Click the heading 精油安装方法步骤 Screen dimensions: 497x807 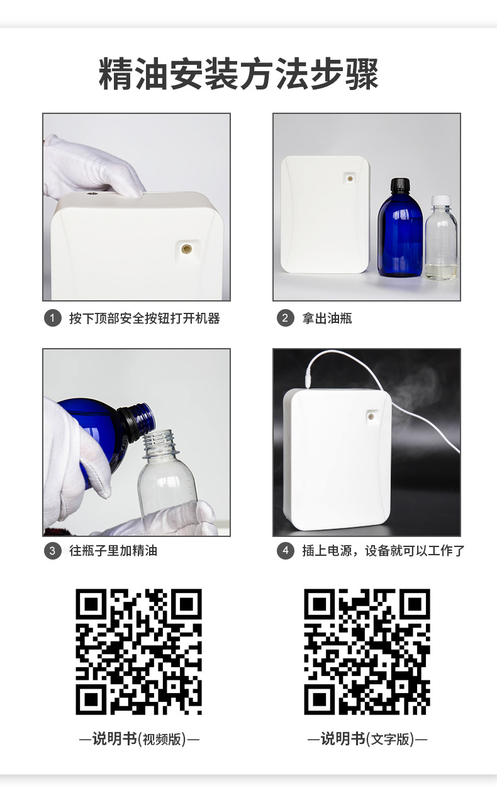[238, 74]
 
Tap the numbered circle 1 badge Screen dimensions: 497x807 [53, 318]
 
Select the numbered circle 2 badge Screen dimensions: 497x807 [285, 318]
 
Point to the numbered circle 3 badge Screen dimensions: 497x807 [53, 551]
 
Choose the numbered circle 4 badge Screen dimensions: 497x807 [285, 551]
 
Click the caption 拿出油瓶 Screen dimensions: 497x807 [327, 319]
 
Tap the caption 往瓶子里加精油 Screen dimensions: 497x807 [113, 551]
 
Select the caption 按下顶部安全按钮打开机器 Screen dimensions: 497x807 [145, 319]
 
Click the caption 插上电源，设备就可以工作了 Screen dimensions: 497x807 [383, 551]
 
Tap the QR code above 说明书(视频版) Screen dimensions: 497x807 [138, 652]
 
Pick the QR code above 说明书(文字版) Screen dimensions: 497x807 [367, 652]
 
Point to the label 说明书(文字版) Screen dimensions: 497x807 [367, 739]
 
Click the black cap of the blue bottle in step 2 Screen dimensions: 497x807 [400, 185]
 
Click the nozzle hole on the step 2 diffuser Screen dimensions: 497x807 [349, 178]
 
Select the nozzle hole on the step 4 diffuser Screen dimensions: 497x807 [371, 416]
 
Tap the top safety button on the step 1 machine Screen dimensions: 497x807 [89, 194]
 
